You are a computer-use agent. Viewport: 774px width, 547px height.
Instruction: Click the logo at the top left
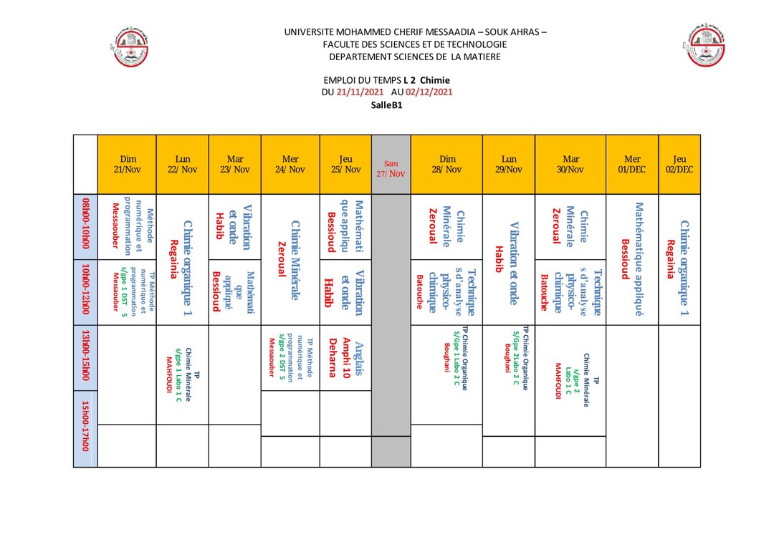133,47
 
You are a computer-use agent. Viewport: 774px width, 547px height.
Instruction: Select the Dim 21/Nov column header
127,164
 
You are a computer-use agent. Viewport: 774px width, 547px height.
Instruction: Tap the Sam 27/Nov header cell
391,168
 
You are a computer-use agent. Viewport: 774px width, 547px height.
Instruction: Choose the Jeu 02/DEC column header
679,164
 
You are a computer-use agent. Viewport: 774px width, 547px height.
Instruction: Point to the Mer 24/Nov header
290,164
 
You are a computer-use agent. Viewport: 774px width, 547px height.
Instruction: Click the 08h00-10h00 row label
85,226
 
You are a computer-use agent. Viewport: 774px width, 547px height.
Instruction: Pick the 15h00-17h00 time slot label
85,425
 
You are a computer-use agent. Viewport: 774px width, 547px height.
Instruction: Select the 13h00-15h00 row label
85,359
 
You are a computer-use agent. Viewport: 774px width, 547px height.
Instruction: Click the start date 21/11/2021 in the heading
360,92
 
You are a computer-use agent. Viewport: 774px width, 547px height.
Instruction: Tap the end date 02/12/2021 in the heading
429,92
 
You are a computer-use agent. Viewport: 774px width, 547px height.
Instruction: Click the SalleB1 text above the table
386,105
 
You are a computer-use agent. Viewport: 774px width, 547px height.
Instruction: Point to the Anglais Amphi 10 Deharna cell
345,357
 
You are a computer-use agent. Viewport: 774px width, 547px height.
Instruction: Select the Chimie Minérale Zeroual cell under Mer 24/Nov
290,259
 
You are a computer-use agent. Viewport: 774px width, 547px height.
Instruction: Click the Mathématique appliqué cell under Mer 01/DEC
632,259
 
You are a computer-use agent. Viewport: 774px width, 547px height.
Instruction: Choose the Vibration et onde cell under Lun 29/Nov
508,259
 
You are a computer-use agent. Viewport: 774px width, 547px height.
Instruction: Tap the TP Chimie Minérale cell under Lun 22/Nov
182,374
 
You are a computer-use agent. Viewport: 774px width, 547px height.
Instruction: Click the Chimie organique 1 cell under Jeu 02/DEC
679,259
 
